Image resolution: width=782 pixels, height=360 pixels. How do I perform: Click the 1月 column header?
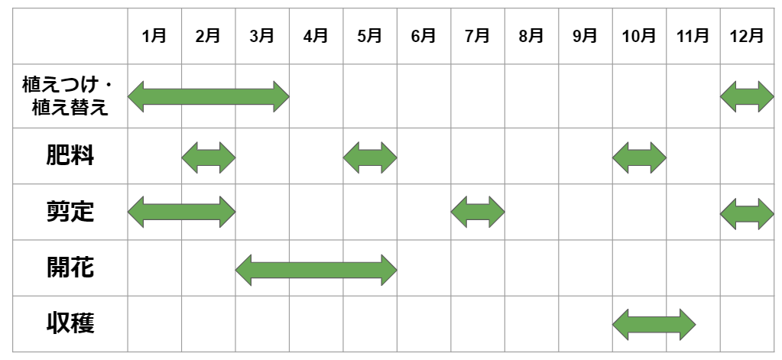coord(154,36)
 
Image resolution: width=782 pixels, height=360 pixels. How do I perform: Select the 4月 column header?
coord(316,36)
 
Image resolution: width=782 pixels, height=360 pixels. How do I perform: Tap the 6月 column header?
coord(423,36)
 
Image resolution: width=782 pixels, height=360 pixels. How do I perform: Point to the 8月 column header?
coord(531,36)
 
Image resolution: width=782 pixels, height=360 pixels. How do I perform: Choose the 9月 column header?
coord(585,36)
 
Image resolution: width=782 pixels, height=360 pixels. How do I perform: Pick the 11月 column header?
coord(693,36)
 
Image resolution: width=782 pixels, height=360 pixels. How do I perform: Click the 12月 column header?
coord(747,36)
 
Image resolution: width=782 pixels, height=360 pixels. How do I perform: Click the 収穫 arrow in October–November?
coord(654,324)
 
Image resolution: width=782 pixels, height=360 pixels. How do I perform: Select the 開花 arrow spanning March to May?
coord(316,268)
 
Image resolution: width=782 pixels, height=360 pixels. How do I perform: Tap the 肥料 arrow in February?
coord(209,157)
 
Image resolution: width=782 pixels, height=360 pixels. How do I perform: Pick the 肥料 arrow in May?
coord(370,157)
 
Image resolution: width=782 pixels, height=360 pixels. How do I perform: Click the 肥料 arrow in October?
coord(639,157)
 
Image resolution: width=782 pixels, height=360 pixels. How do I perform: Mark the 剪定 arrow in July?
coord(478,212)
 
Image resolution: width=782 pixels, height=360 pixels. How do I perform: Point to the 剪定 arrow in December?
coord(747,212)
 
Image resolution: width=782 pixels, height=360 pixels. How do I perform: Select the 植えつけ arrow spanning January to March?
coord(209,96)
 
